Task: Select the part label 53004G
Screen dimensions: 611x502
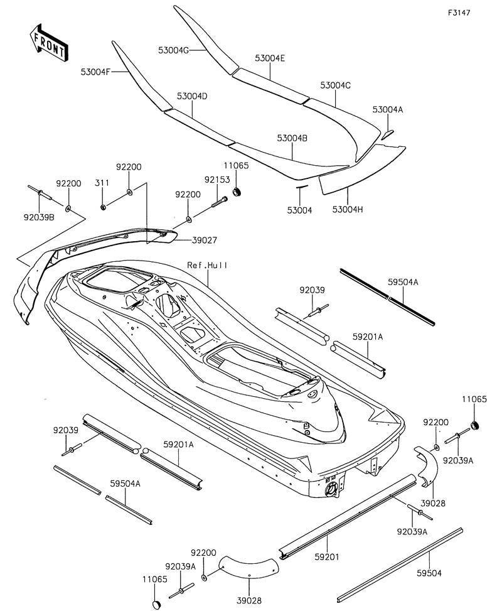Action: click(x=173, y=48)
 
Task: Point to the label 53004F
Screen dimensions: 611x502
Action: click(x=95, y=72)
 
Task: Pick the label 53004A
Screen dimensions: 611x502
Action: click(x=388, y=109)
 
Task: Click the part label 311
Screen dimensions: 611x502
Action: click(x=102, y=183)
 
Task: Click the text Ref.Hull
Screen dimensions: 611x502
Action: click(x=207, y=265)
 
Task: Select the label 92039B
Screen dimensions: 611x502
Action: click(x=39, y=217)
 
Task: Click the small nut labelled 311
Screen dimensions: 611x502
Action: click(x=103, y=207)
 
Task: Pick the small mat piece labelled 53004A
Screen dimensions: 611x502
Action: click(x=388, y=133)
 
